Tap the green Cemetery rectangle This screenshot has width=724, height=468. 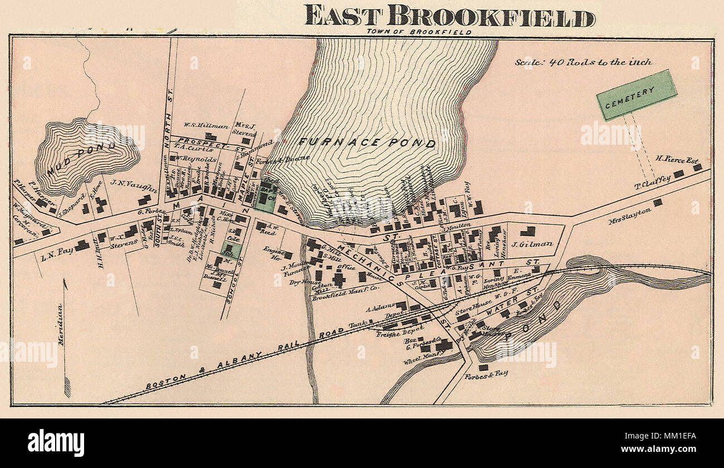tap(636, 95)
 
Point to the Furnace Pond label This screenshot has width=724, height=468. tap(367, 142)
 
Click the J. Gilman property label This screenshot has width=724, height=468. tap(532, 243)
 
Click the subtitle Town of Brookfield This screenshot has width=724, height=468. tap(419, 32)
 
